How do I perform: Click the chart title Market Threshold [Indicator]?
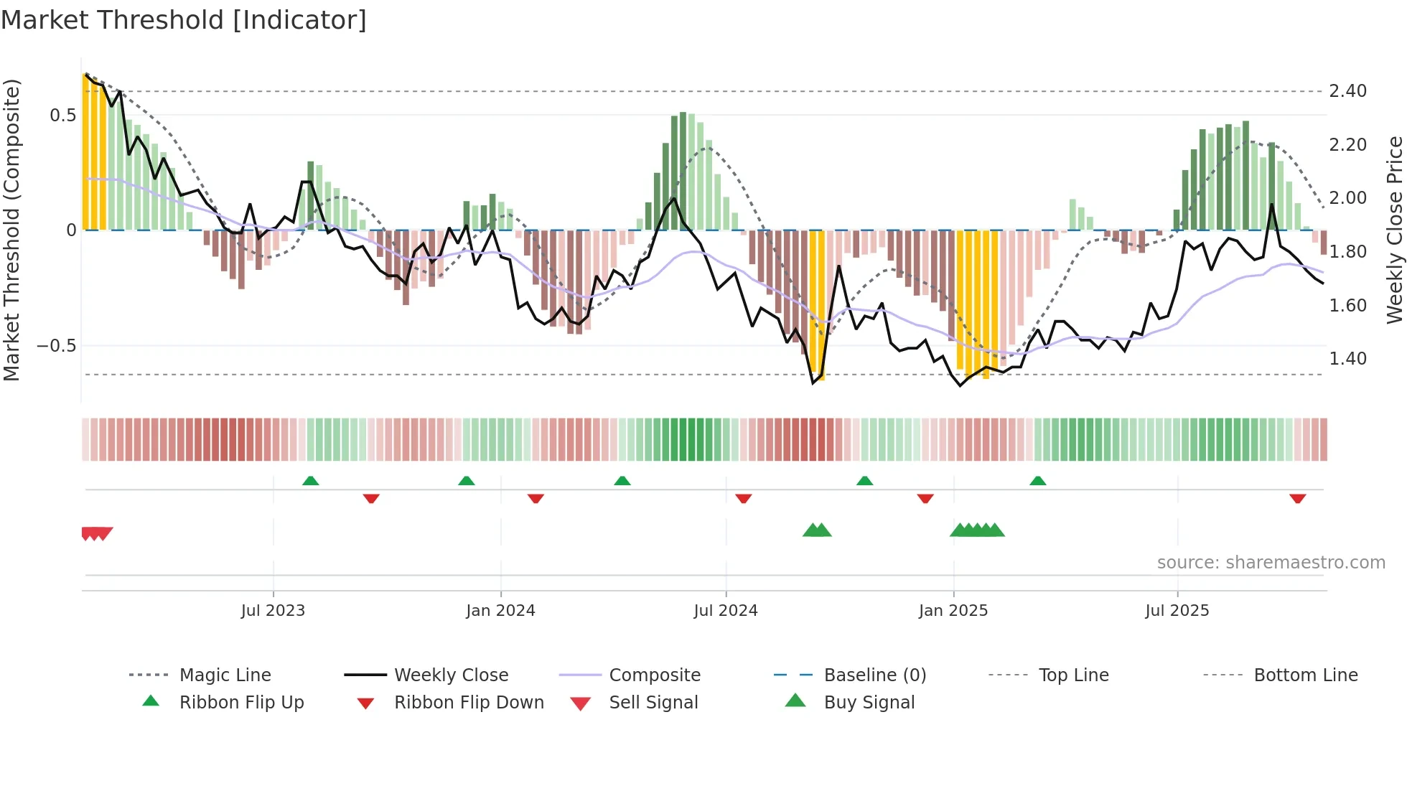coord(184,20)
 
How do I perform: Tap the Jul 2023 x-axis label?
coord(273,611)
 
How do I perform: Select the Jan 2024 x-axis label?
coord(500,611)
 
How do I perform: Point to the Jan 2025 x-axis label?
coord(953,611)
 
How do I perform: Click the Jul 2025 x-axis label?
coord(1177,611)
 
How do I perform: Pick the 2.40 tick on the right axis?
coord(1347,91)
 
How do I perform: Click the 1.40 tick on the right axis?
coord(1347,359)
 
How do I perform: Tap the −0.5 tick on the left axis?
coord(56,346)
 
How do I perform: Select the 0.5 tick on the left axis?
coord(62,116)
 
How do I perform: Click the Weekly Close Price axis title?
coord(1394,230)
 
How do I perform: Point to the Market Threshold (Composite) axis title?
coord(11,230)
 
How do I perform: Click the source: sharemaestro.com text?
coord(1271,563)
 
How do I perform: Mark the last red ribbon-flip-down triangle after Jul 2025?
coord(1297,498)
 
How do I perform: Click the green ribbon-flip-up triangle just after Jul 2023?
coord(310,481)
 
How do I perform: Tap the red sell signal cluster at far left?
coord(96,533)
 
